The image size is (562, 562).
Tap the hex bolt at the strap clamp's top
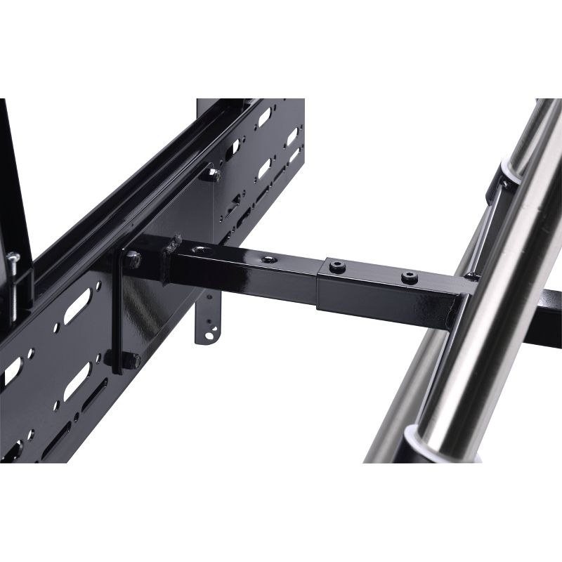(131, 260)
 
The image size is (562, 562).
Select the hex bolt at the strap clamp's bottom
(133, 360)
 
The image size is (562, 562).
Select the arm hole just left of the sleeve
(268, 260)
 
